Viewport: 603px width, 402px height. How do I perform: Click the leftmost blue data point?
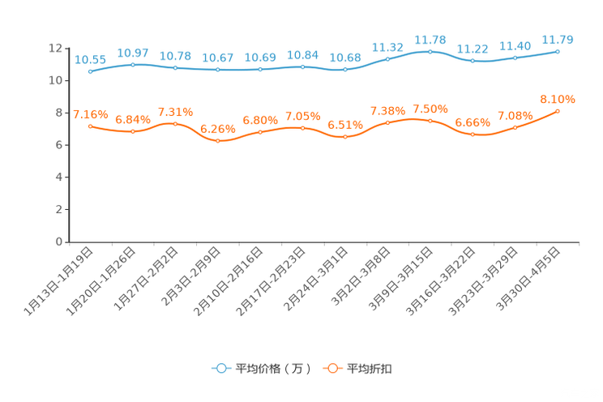[90, 71]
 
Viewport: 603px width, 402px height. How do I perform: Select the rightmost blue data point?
[558, 51]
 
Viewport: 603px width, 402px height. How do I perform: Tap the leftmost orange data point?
[90, 126]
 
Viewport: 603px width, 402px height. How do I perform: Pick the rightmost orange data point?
[558, 111]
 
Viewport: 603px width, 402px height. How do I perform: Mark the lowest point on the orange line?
[217, 141]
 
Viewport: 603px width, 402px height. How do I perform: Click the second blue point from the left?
[132, 63]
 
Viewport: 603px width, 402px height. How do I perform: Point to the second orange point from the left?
[132, 131]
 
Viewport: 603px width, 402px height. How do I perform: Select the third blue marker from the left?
[175, 68]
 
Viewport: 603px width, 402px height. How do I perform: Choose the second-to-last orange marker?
[515, 127]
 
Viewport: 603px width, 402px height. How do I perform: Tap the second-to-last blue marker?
[515, 58]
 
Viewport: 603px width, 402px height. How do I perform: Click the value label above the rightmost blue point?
[558, 39]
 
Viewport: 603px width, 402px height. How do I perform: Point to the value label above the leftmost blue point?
[90, 59]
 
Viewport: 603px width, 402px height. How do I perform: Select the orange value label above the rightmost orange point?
[558, 99]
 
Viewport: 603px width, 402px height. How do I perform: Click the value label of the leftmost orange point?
[90, 114]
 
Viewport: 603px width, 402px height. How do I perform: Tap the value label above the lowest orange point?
[217, 128]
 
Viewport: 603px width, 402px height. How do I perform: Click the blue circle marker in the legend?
[220, 368]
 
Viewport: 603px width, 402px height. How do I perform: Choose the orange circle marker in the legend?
[332, 368]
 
